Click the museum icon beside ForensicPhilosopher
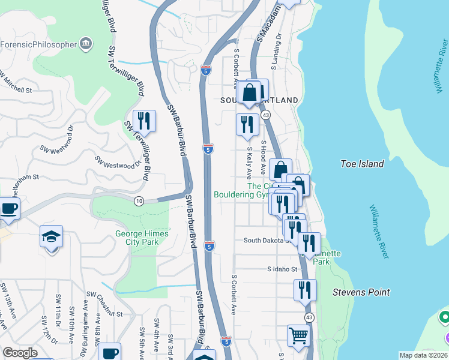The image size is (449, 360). (86, 43)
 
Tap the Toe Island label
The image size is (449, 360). (361, 163)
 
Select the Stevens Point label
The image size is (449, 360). (361, 292)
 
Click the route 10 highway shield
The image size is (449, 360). (139, 201)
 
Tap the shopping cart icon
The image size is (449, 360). (298, 335)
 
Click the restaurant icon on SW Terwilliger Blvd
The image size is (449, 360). (144, 121)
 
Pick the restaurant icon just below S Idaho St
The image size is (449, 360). (305, 290)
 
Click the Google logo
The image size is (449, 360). (20, 353)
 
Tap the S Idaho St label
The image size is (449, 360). (283, 269)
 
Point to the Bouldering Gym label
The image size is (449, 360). (241, 194)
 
